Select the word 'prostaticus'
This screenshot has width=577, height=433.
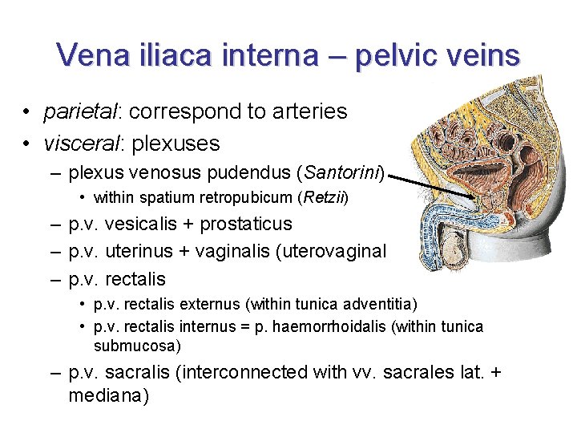click(x=245, y=224)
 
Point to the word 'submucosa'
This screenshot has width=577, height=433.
click(x=137, y=346)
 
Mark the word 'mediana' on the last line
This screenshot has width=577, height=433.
click(x=108, y=396)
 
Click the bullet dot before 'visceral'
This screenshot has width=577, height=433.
click(x=27, y=144)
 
